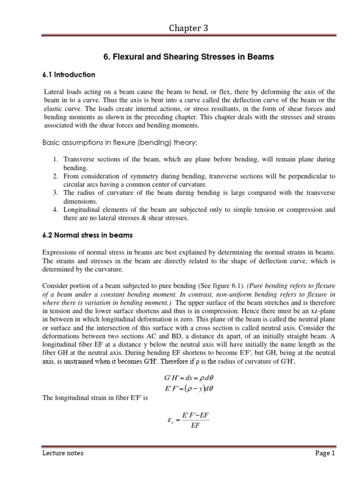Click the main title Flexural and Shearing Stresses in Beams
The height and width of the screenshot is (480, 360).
(x=188, y=57)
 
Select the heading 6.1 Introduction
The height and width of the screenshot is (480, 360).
(x=69, y=75)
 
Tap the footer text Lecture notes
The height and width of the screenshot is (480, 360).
(x=63, y=453)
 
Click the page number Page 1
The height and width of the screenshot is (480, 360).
(x=323, y=453)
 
